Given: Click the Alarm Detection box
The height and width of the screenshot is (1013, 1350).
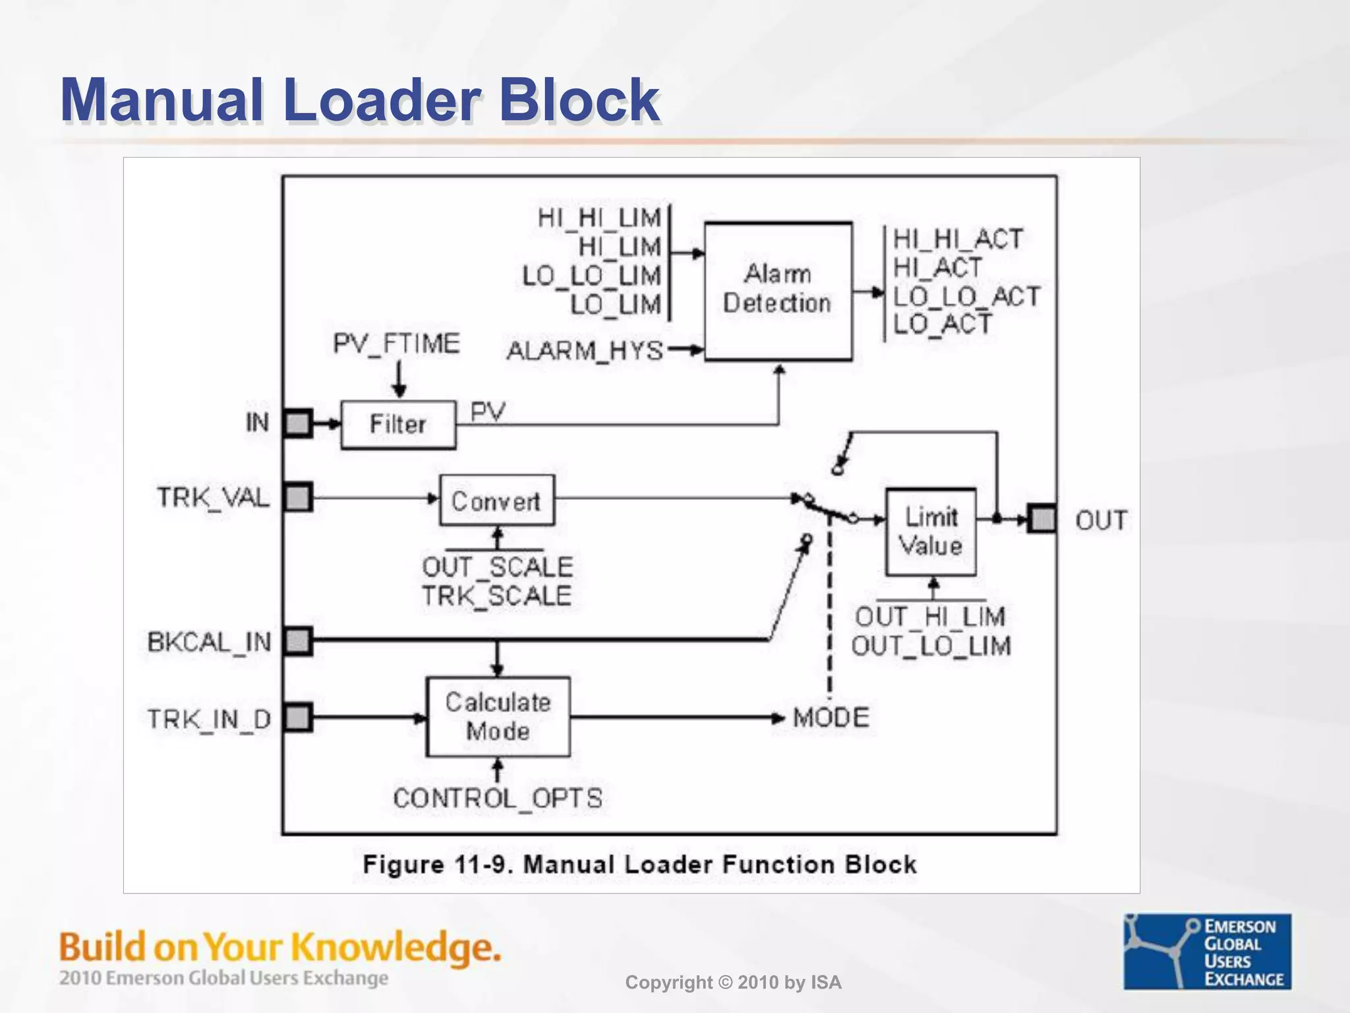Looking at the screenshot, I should click(778, 291).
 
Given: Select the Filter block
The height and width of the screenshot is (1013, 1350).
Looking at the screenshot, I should click(398, 424).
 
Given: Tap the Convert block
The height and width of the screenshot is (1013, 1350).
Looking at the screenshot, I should click(497, 501).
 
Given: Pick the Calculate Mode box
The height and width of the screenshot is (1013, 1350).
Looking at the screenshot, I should click(498, 717).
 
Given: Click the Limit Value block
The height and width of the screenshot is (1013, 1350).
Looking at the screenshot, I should click(931, 532).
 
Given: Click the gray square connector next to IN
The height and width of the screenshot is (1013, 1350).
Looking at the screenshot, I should click(298, 423).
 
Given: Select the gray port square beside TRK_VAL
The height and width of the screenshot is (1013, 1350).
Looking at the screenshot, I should click(298, 497).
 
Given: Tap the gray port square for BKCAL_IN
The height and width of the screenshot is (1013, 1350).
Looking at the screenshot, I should click(298, 641).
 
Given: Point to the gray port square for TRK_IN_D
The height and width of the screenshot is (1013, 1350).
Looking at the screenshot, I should click(298, 718).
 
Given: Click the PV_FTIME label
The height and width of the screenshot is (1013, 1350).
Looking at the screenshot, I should click(396, 344).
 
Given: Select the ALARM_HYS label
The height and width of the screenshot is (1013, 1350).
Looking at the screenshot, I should click(585, 351).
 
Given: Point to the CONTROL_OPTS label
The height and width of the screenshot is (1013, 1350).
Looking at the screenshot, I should click(498, 799).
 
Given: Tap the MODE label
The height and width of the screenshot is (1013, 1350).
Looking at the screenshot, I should click(831, 718).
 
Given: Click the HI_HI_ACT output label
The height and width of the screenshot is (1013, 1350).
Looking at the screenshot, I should click(958, 239).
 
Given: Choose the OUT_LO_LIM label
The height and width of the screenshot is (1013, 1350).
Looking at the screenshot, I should click(931, 646).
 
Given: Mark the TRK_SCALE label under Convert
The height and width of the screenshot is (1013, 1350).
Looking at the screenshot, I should click(497, 596).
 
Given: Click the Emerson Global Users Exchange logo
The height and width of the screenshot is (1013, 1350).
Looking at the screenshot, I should click(1207, 951).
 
